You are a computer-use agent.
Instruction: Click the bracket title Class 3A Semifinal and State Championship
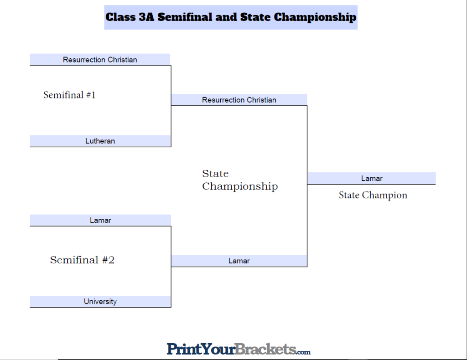point(231,17)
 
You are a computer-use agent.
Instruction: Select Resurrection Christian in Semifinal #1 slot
point(100,60)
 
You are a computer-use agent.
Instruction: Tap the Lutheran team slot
point(100,141)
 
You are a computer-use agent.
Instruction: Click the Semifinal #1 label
point(69,95)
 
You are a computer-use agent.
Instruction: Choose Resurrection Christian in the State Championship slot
point(239,100)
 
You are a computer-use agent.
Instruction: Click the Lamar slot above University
point(100,221)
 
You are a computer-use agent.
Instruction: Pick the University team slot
point(100,302)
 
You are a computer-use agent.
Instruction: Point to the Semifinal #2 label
point(82,260)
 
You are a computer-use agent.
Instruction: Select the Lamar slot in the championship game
point(239,261)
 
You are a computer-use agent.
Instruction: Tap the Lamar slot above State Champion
point(372,179)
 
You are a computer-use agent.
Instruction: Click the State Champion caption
point(373,195)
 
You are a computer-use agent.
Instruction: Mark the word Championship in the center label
point(240,186)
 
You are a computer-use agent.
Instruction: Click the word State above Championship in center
point(215,174)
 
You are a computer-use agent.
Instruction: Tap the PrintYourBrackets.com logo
point(238,349)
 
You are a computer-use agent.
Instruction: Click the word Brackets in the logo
point(266,349)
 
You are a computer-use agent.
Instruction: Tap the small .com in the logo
point(304,352)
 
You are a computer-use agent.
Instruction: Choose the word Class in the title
point(120,17)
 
